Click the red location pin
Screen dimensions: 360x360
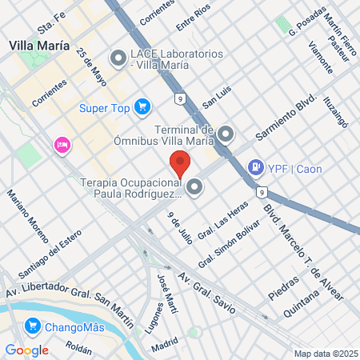180,163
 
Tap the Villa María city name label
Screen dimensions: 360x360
37,45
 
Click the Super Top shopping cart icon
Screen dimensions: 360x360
142,106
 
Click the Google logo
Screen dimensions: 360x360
26,350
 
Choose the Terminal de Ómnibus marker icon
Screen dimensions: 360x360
226,134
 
